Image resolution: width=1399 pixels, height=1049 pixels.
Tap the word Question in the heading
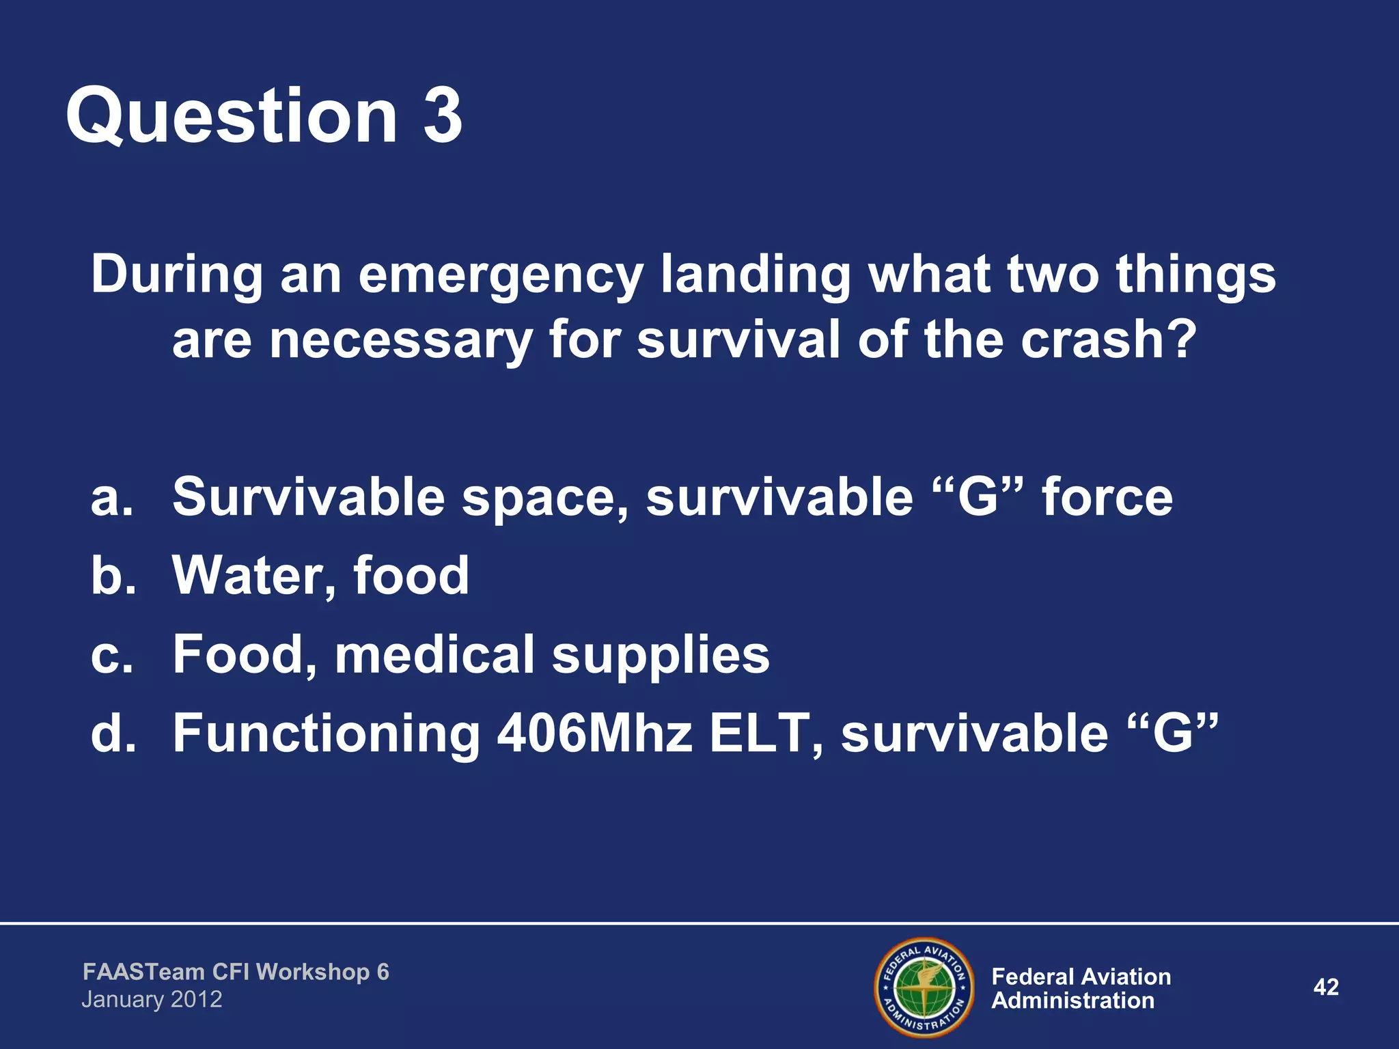coord(232,117)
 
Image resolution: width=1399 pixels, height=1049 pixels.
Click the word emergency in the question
coord(500,275)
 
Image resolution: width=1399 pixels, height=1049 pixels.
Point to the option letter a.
coord(112,497)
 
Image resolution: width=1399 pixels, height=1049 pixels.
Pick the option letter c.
coord(111,654)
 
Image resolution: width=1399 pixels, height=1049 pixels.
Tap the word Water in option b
coord(253,575)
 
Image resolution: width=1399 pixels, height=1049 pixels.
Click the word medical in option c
coord(434,654)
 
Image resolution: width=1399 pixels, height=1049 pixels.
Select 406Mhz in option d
coord(594,733)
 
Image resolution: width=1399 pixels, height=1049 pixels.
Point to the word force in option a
coord(1107,497)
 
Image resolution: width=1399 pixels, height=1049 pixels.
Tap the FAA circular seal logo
coord(924,988)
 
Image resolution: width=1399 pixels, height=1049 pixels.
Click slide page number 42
coord(1326,987)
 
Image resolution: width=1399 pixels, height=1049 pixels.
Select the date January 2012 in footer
coord(152,1000)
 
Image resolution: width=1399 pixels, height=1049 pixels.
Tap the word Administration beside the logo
coord(1072,1001)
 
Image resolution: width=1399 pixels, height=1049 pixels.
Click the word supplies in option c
coord(661,656)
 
